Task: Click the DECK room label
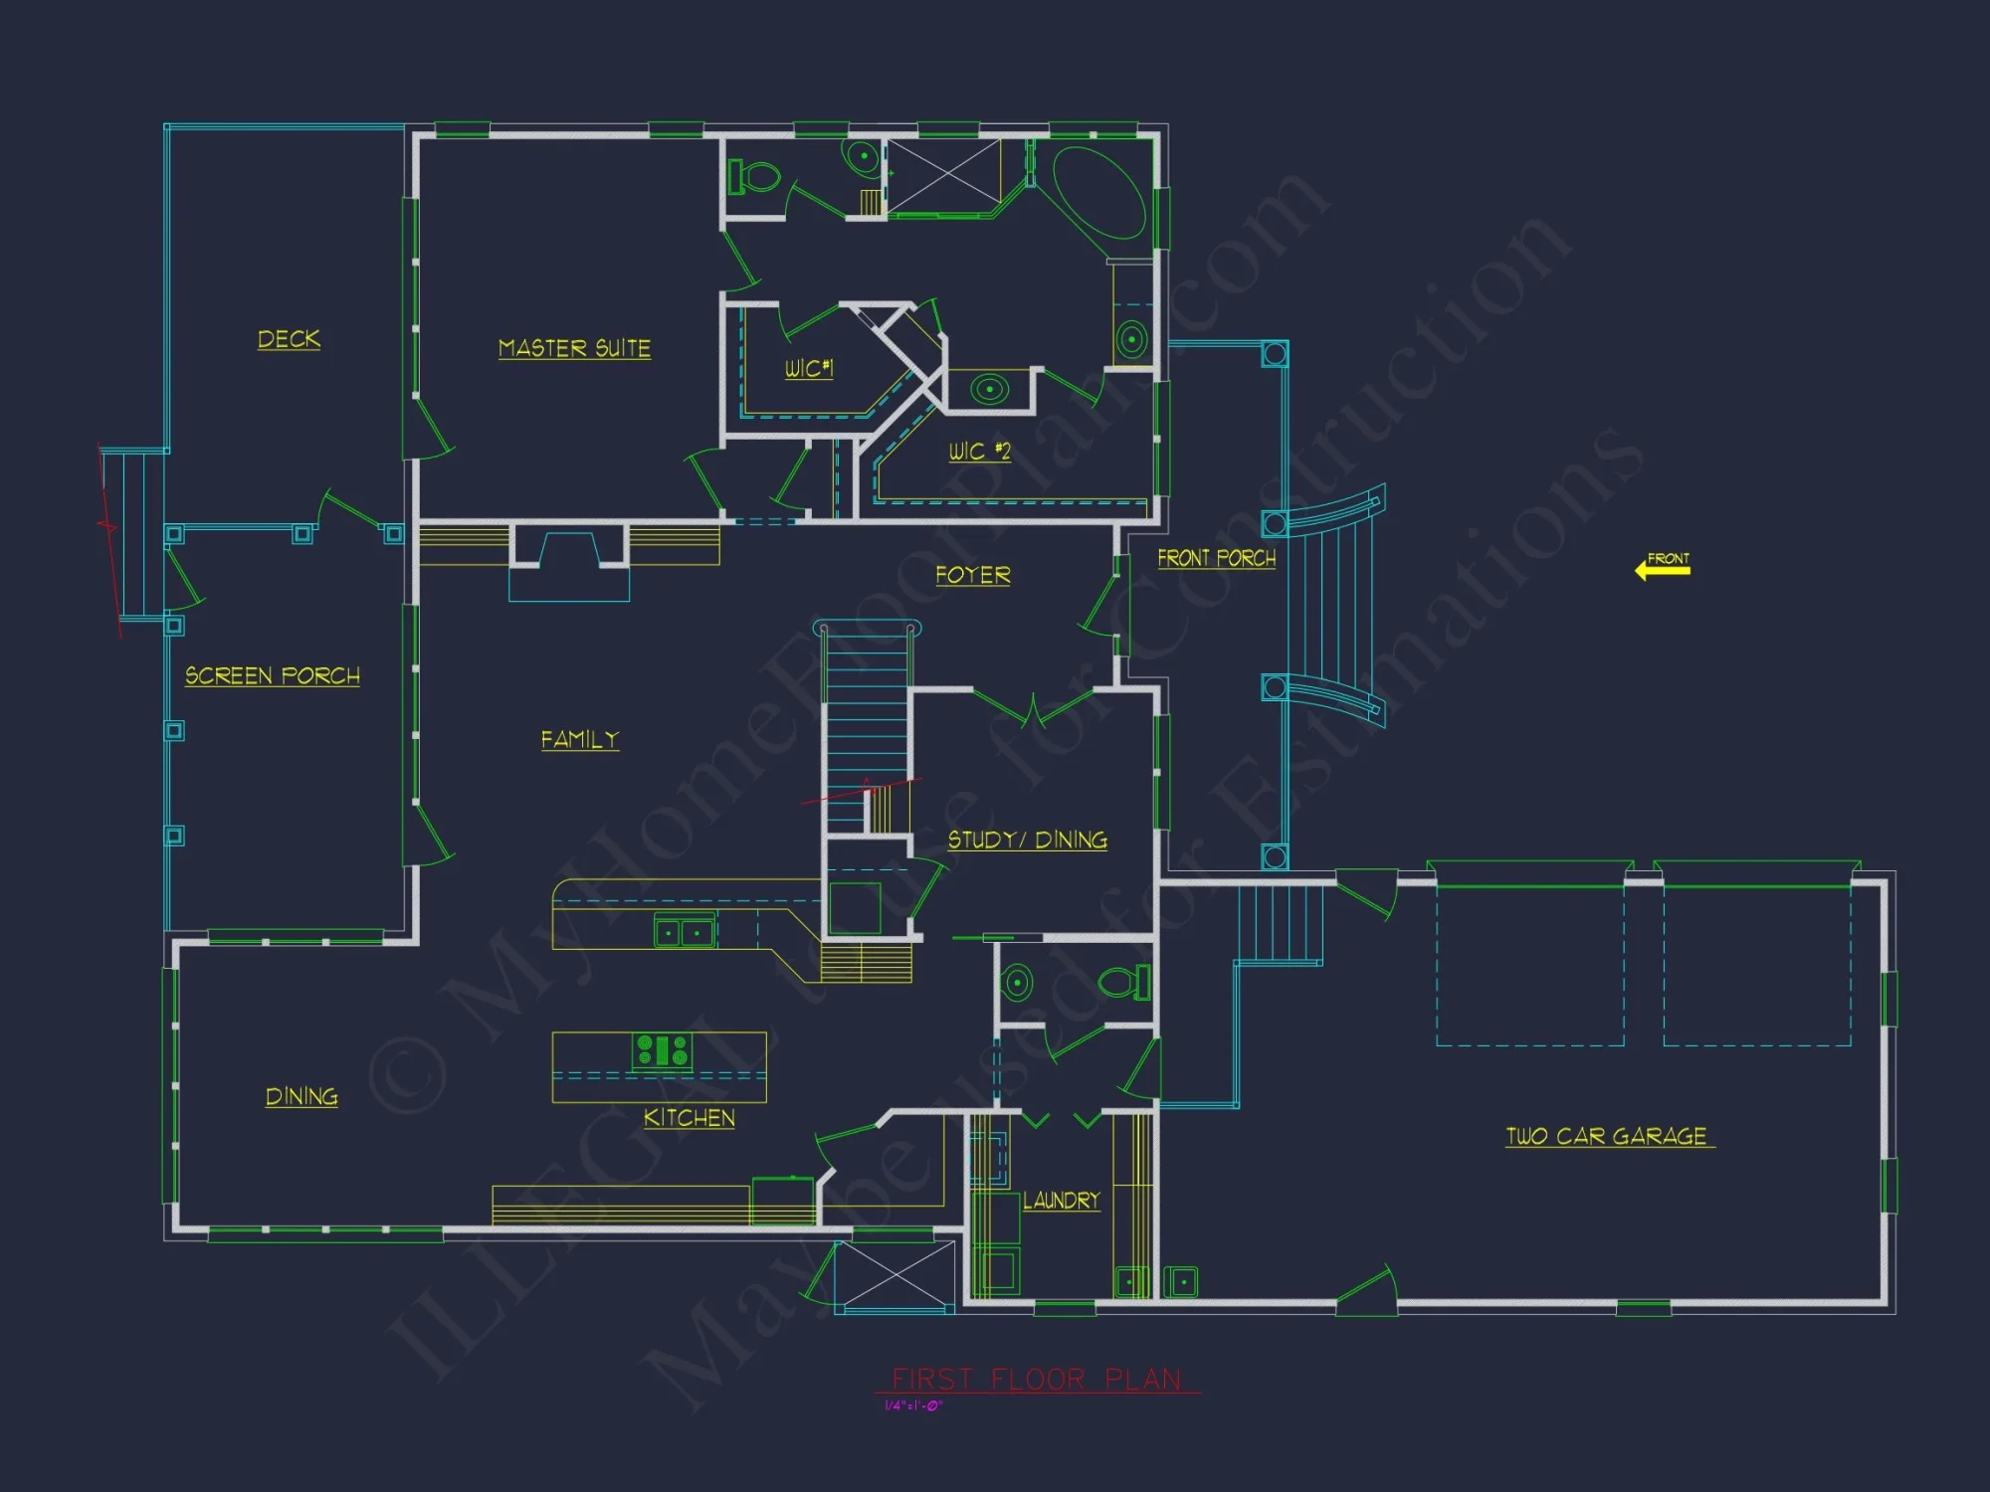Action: point(289,339)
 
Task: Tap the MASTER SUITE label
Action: point(574,348)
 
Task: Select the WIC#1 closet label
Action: point(808,368)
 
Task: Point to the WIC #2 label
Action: point(979,452)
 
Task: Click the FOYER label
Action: point(972,575)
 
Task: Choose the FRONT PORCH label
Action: point(1216,558)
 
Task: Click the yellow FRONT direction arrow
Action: point(1662,568)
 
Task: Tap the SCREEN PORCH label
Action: point(273,676)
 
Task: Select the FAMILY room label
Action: point(579,739)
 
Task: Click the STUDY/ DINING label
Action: point(1027,839)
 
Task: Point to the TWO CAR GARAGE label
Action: point(1607,1136)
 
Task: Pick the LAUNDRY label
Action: point(1062,1201)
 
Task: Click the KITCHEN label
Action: point(689,1118)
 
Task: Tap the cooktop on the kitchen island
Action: point(662,1050)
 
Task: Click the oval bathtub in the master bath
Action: point(1098,192)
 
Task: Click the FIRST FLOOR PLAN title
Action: point(1036,1379)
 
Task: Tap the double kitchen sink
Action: point(684,932)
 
